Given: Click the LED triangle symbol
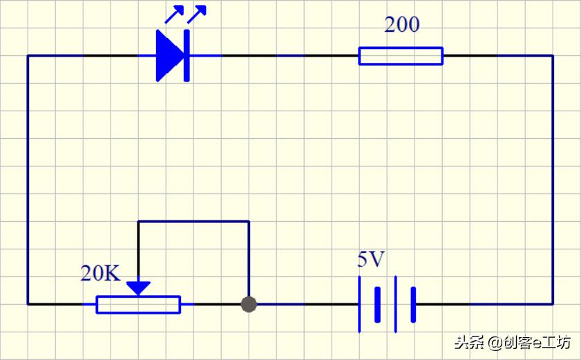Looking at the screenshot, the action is [169, 55].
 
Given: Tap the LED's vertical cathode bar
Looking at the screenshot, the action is [187, 55].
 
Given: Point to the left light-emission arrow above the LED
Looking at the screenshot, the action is [174, 14].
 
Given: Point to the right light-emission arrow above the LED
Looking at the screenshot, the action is [197, 14].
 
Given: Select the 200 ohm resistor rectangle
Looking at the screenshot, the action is [401, 56].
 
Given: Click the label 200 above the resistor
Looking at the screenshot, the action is [402, 25].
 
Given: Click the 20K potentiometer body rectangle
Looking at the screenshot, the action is [138, 305].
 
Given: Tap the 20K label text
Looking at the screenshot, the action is [100, 274].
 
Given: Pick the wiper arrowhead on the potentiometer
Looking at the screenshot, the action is [138, 288].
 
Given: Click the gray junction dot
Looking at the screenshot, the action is [249, 305].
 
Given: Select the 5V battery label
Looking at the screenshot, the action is [371, 259].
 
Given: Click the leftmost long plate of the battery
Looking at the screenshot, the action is [359, 305].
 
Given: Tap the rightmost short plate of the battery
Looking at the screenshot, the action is [413, 305].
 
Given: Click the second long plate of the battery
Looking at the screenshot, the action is [396, 305].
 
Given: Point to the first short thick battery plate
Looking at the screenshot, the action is [378, 305].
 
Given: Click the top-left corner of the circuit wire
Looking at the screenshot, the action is [28, 55].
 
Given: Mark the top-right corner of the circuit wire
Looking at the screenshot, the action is [553, 55].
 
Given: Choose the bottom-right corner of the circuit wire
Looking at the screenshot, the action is [553, 305].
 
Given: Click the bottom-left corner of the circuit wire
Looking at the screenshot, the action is [28, 305].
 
